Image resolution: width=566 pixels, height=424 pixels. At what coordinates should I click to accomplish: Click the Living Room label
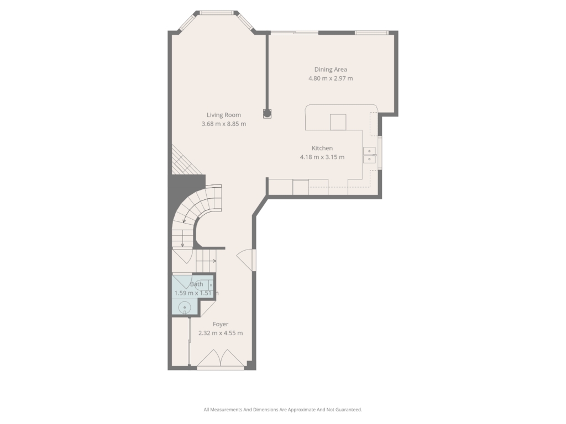click(224, 115)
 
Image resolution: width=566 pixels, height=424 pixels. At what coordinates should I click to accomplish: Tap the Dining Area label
click(331, 70)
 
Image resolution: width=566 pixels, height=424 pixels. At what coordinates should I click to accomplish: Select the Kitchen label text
click(322, 148)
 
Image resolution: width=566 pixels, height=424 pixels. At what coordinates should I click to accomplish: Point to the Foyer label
click(221, 325)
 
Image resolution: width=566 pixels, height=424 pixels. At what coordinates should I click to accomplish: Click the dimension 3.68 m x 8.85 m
click(224, 124)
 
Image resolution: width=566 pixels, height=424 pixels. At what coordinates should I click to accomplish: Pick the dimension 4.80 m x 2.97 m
click(331, 78)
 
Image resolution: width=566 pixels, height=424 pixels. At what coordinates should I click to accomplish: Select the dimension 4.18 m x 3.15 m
click(322, 157)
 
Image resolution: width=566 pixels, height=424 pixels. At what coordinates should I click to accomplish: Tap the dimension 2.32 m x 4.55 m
click(221, 333)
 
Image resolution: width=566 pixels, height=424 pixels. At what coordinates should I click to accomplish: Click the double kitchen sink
click(370, 155)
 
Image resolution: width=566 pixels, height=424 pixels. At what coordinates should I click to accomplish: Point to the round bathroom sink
click(185, 307)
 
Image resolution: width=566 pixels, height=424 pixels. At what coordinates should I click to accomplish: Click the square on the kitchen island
click(338, 122)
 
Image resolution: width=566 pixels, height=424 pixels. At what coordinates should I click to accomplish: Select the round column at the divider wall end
click(267, 114)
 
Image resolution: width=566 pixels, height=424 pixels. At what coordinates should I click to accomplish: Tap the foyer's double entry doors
click(221, 359)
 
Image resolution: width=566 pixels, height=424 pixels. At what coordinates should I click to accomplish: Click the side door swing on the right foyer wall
click(246, 259)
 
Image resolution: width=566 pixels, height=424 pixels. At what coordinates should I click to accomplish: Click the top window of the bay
click(217, 13)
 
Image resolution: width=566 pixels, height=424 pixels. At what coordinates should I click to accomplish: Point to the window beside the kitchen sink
click(380, 153)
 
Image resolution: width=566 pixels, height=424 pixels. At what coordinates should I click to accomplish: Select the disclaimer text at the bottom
click(282, 410)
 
